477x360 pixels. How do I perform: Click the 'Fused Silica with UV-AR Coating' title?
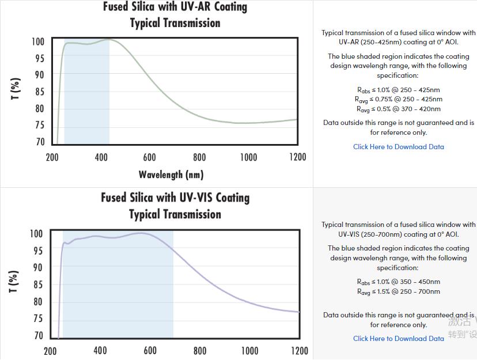coord(175,7)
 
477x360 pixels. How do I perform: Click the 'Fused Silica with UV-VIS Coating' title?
coord(175,198)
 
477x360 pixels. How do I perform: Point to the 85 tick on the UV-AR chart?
coord(38,92)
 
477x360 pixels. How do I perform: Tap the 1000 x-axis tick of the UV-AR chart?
coord(248,157)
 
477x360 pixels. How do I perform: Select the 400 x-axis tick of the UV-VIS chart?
coord(100,350)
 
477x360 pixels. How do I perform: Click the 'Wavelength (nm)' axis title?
coord(171,174)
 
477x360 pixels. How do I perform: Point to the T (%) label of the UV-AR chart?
coord(16,89)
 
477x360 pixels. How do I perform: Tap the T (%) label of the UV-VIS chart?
coord(14,281)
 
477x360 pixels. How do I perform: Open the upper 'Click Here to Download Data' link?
coord(399,147)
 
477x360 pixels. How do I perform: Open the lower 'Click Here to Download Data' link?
coord(399,339)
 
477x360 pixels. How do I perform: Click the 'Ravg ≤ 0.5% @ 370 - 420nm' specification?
coord(399,109)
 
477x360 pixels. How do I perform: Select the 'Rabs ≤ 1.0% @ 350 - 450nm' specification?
coord(399,282)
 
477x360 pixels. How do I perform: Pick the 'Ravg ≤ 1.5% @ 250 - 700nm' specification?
coord(399,291)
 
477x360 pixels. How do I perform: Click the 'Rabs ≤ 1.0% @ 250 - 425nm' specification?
coord(399,90)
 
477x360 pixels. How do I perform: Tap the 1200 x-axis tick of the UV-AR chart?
coord(297,157)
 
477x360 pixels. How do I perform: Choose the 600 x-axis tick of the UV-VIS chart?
coord(150,350)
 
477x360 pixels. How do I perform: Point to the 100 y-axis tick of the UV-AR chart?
coord(38,42)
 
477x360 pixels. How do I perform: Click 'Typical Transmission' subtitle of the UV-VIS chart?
coord(175,214)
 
